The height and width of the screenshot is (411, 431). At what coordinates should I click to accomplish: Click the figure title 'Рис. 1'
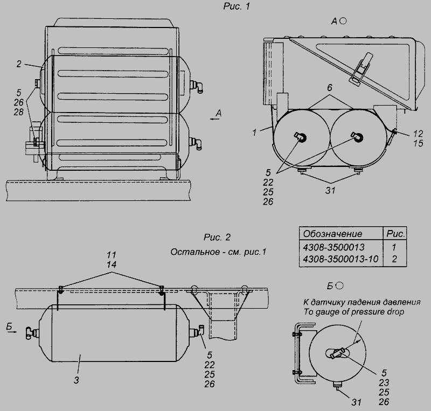237,6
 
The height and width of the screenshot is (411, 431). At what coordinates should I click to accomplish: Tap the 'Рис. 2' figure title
217,237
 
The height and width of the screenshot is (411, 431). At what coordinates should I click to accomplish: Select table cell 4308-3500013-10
340,259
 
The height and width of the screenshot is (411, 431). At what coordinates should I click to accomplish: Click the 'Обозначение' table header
332,234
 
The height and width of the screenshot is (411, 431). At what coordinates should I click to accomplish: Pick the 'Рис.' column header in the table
395,234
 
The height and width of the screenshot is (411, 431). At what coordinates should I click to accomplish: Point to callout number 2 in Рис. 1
19,64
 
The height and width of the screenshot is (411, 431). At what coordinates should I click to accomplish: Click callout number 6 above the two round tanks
330,88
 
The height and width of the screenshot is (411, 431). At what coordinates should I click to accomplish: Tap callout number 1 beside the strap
254,133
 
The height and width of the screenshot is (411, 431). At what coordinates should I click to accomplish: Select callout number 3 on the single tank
76,380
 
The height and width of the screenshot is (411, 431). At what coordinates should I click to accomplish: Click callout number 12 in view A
418,134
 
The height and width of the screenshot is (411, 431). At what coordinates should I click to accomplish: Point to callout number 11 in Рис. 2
112,255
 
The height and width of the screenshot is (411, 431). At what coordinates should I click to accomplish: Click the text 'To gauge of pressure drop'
354,312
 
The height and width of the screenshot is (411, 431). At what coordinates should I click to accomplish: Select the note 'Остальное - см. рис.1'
218,252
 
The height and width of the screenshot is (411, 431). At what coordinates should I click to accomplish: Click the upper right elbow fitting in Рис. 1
197,85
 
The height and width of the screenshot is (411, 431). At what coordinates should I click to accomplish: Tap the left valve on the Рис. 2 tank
32,332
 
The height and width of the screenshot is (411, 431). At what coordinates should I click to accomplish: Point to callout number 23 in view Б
384,382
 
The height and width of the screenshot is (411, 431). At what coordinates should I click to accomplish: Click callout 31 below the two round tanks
330,191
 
